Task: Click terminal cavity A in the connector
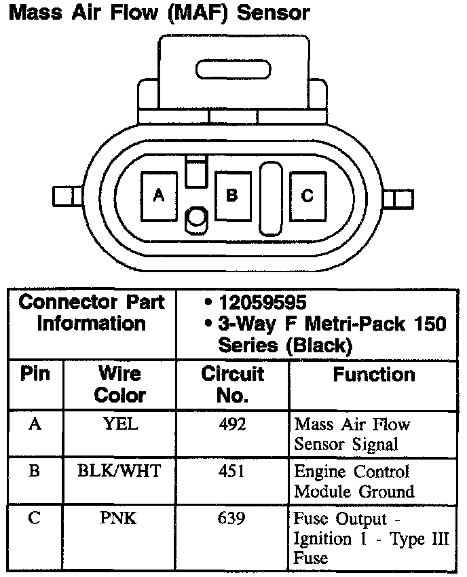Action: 160,196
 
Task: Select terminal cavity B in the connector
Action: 232,196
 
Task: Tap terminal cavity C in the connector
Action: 307,196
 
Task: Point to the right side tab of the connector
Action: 398,199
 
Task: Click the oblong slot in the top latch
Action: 233,71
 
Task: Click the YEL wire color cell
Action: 120,425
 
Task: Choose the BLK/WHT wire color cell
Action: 119,470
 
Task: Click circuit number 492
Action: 232,425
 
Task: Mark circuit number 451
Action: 232,470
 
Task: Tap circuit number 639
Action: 232,519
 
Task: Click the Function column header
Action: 373,375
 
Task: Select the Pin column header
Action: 35,375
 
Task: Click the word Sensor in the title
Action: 272,12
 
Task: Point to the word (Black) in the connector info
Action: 319,346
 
